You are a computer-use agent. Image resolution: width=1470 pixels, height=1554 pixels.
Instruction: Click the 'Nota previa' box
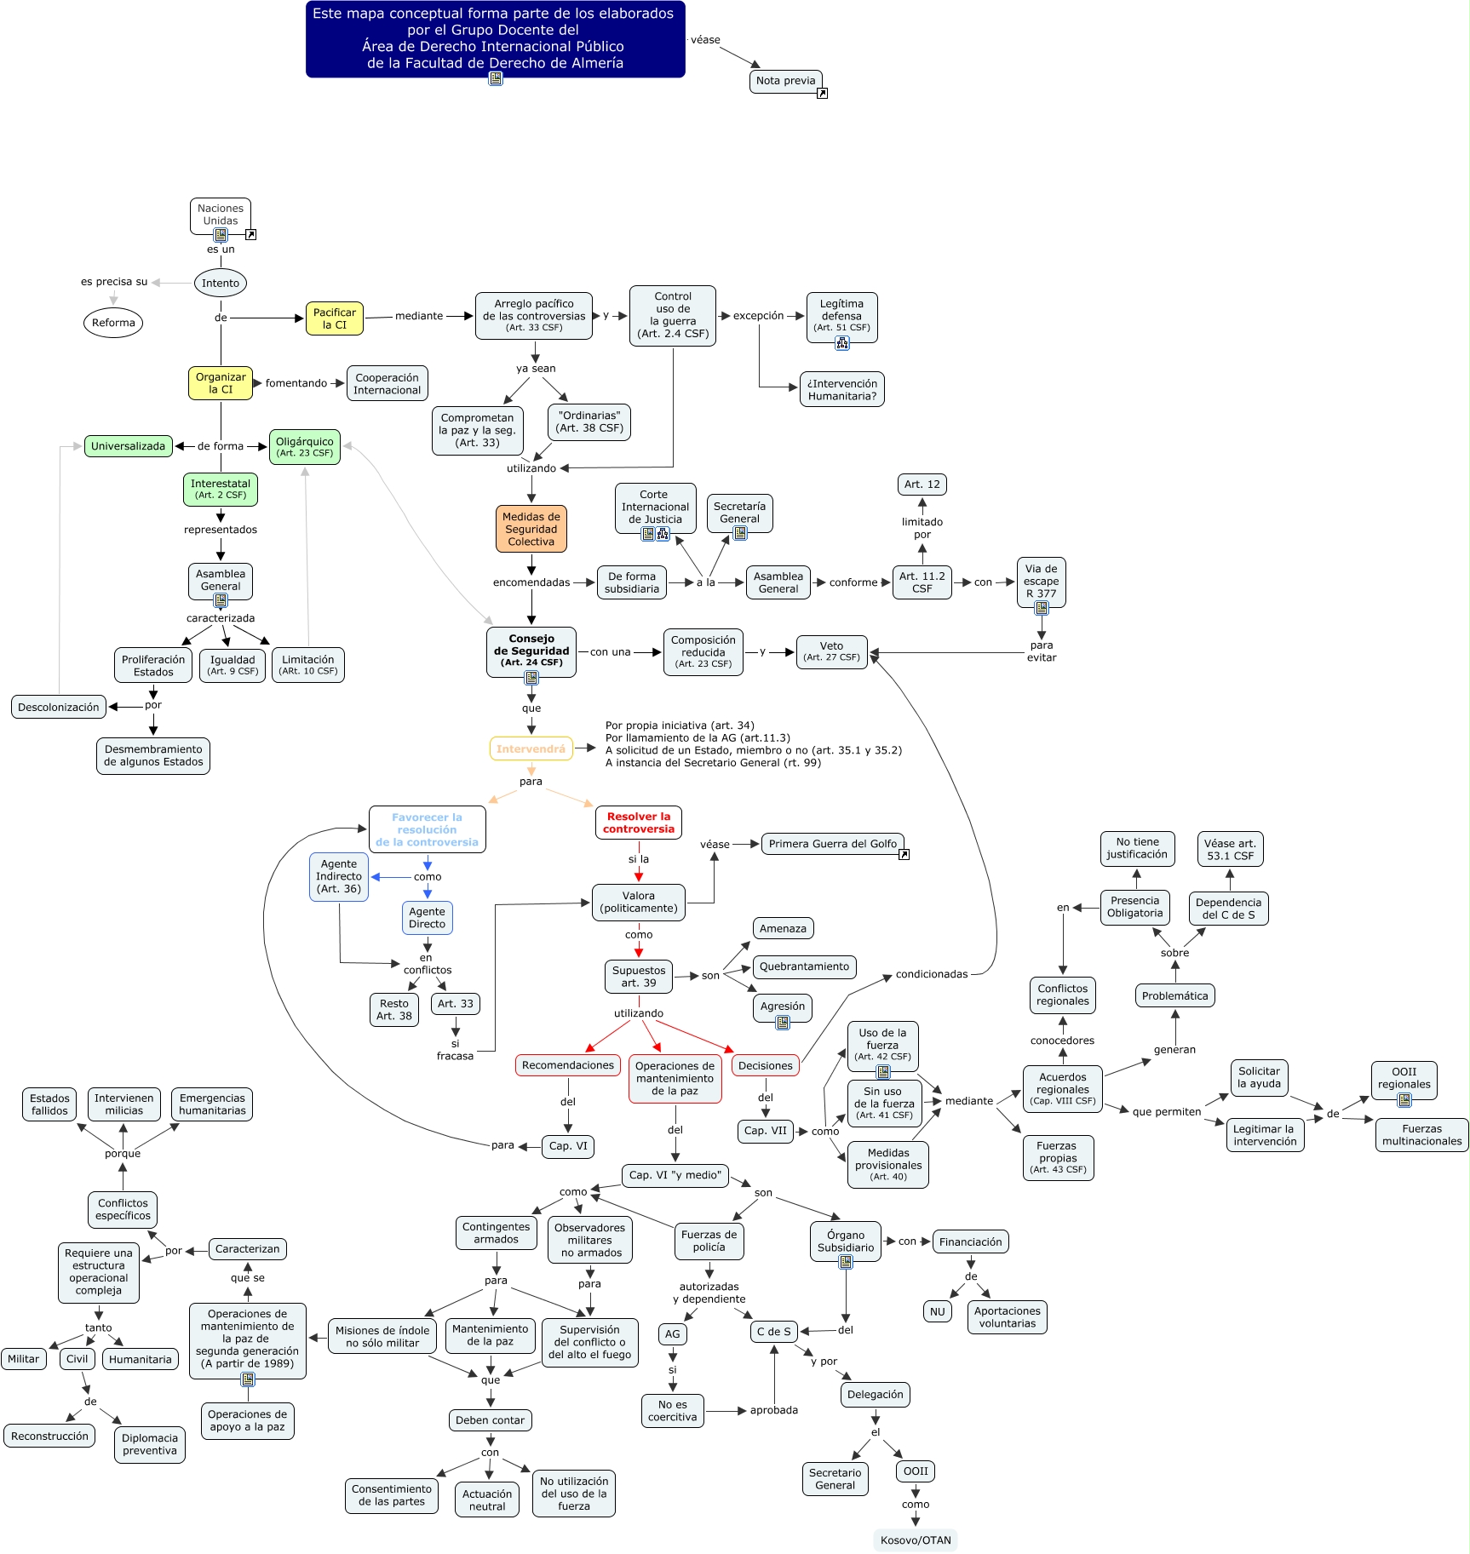pyautogui.click(x=785, y=81)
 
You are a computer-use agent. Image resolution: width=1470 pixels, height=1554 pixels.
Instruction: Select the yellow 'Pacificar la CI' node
pyautogui.click(x=335, y=318)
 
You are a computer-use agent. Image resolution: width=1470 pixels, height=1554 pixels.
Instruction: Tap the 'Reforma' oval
pyautogui.click(x=113, y=323)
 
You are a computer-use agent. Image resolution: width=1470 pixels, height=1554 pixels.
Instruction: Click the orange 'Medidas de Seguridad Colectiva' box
pyautogui.click(x=531, y=529)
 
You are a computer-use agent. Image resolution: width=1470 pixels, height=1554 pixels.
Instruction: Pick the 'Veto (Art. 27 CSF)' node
pyautogui.click(x=832, y=651)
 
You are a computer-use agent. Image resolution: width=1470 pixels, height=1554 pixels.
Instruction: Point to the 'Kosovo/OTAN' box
pyautogui.click(x=916, y=1540)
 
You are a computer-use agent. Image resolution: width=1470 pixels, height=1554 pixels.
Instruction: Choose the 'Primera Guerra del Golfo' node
pyautogui.click(x=833, y=844)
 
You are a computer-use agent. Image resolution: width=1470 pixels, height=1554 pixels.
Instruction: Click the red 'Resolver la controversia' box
pyautogui.click(x=639, y=823)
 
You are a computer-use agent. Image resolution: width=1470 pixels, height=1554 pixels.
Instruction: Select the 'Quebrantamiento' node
pyautogui.click(x=804, y=966)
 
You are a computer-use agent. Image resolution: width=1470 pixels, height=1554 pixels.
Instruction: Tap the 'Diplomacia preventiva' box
pyautogui.click(x=150, y=1444)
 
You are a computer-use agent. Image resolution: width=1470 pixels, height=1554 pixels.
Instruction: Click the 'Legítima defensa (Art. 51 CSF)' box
pyautogui.click(x=841, y=316)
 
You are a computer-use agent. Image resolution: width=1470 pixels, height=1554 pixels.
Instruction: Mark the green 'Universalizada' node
pyautogui.click(x=129, y=446)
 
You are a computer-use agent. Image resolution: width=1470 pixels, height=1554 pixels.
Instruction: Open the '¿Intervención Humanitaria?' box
pyautogui.click(x=842, y=389)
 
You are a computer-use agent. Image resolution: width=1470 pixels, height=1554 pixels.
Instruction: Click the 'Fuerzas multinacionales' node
pyautogui.click(x=1421, y=1135)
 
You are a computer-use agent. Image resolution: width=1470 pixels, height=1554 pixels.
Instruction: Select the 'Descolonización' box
pyautogui.click(x=59, y=707)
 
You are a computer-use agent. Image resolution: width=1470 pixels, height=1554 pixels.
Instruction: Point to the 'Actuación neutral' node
pyautogui.click(x=487, y=1500)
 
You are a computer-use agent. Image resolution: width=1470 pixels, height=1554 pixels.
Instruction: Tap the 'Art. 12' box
pyautogui.click(x=922, y=485)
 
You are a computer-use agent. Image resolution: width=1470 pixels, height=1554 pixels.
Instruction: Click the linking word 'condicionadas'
pyautogui.click(x=932, y=974)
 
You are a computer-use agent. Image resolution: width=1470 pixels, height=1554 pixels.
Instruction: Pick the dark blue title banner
pyautogui.click(x=495, y=39)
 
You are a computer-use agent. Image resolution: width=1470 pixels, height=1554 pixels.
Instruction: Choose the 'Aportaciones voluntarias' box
pyautogui.click(x=1007, y=1317)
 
